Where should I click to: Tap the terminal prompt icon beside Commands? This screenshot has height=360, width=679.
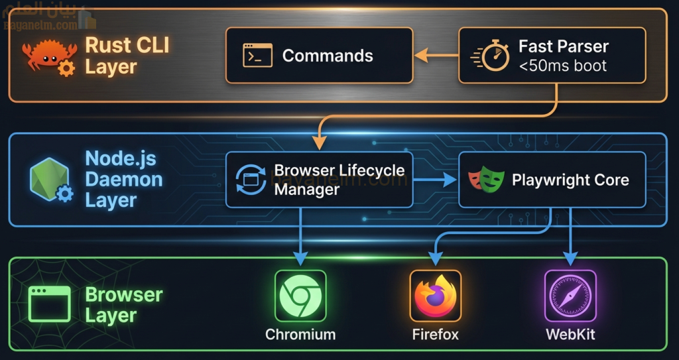coord(257,56)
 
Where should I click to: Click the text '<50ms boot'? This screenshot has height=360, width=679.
coord(562,66)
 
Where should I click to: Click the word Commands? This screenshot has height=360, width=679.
coord(328,56)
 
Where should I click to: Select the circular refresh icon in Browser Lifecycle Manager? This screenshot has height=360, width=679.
coord(250,180)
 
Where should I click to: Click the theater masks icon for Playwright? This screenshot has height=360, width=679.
coord(486,180)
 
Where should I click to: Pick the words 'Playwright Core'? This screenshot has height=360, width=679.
coord(570,180)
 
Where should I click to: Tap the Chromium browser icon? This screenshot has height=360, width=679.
coord(300,296)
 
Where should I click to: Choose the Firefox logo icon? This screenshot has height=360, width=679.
coord(435,296)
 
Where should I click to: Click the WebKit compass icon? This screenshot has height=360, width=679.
coord(570,296)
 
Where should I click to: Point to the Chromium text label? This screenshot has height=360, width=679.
coord(300,334)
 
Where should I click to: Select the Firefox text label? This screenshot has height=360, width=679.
coord(435,334)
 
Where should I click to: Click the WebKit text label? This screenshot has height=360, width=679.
coord(570,334)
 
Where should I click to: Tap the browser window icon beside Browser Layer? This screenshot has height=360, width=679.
coord(49,304)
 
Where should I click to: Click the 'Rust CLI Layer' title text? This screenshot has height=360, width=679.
coord(127,56)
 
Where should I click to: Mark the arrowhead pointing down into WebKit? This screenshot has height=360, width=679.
coord(570,258)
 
